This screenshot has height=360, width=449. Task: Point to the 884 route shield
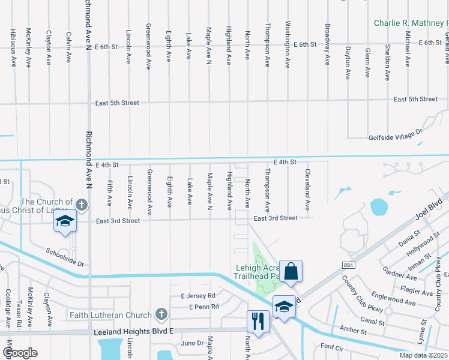coord(349,264)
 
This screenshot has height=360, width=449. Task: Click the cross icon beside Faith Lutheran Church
coord(160,313)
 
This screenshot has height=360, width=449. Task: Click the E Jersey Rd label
coord(197,296)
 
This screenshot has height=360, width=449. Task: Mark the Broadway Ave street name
coord(327,44)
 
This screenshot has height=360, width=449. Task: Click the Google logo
coord(20,353)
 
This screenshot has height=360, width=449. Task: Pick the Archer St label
coord(353,330)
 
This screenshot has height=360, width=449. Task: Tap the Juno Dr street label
coord(192,343)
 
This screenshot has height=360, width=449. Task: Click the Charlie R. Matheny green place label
coord(411,23)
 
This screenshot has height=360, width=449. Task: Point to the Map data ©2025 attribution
coord(423,355)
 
